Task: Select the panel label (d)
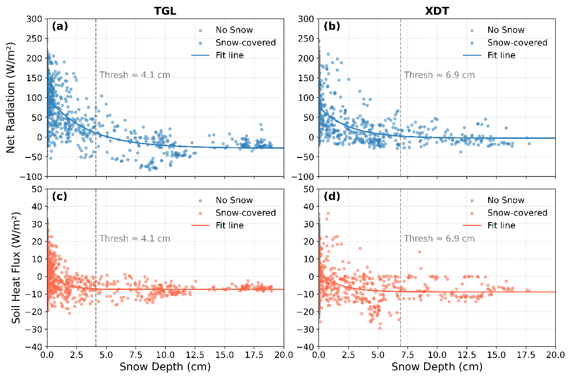tap(333, 197)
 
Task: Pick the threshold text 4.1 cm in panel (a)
tap(135, 75)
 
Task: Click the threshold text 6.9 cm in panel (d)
tap(439, 239)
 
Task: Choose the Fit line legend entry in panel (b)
tap(501, 55)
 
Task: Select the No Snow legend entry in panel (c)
tap(234, 200)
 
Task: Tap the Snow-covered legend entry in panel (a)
tap(246, 43)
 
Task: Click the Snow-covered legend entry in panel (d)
tap(517, 213)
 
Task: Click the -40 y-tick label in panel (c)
tap(35, 347)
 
